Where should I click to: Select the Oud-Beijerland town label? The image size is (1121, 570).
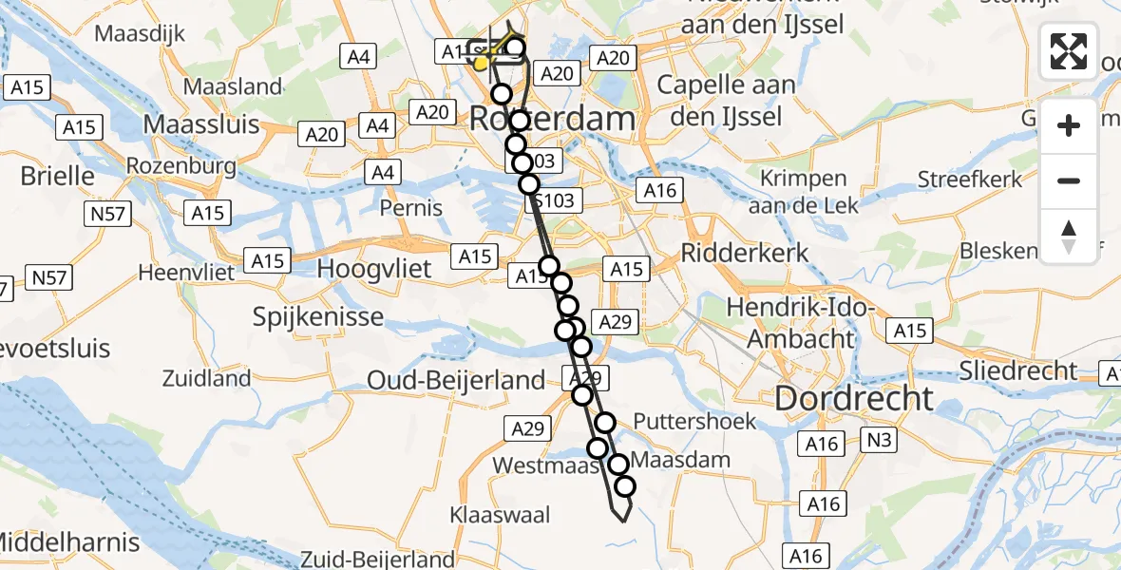(x=457, y=381)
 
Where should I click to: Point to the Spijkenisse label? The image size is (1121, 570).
(x=318, y=316)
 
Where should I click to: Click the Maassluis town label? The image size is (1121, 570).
(x=200, y=123)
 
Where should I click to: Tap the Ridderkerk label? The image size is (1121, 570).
(x=746, y=253)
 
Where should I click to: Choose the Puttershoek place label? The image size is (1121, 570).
(x=694, y=421)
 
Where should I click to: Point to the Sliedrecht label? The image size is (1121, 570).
(x=1018, y=370)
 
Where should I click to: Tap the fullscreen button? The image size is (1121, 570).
(x=1069, y=51)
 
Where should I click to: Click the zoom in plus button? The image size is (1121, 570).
(x=1069, y=125)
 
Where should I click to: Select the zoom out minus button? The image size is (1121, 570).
(x=1069, y=180)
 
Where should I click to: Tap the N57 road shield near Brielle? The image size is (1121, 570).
(x=105, y=215)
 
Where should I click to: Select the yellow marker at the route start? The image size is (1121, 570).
(x=482, y=64)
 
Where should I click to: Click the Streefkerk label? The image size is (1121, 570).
(x=970, y=179)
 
